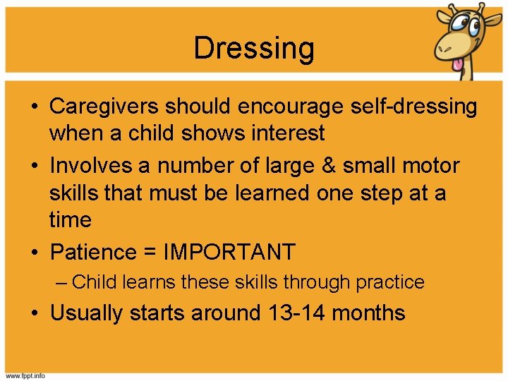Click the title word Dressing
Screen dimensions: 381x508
click(x=254, y=49)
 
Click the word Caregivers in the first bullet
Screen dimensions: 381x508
click(x=106, y=107)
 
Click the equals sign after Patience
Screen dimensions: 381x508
click(x=150, y=253)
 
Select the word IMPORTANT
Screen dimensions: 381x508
click(x=229, y=252)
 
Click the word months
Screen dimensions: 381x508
click(x=368, y=313)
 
